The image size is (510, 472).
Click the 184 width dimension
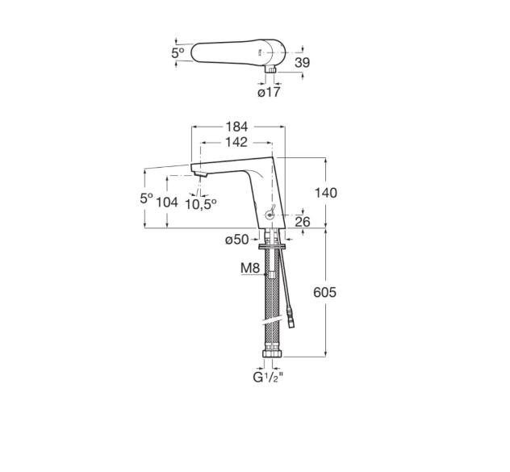point(236,127)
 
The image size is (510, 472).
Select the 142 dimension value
point(236,142)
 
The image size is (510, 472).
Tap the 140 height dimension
point(325,193)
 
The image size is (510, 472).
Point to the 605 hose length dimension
point(324,292)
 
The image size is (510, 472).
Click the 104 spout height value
point(167,203)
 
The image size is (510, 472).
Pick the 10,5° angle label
point(201,204)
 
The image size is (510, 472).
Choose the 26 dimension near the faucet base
point(303,222)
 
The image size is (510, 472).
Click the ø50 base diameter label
point(236,240)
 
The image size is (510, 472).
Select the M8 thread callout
point(250,268)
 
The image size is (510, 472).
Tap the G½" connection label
point(268,378)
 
